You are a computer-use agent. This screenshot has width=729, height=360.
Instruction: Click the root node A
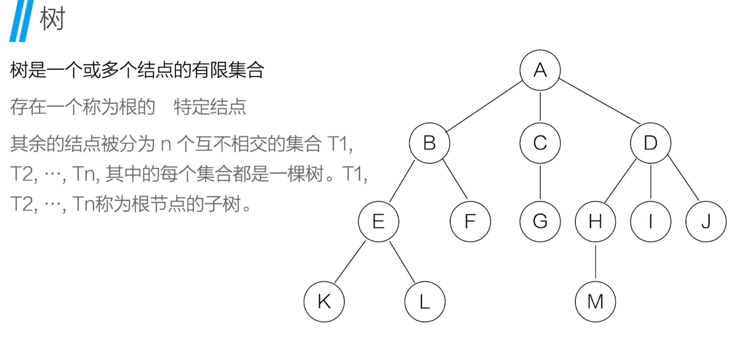coord(540,70)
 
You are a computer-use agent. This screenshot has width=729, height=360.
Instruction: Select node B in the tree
coord(429,143)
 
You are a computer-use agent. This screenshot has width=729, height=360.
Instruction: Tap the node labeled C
coord(540,143)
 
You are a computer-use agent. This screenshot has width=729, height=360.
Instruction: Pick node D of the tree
coord(650,143)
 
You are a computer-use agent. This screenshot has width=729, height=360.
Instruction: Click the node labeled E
coord(378,222)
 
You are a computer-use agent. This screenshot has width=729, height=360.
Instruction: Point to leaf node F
coord(470,222)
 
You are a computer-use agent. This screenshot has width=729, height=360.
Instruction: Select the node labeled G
coord(540,222)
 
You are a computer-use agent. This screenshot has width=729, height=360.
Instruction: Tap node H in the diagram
coord(595,222)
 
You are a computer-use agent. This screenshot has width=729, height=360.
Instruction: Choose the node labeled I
coord(650,222)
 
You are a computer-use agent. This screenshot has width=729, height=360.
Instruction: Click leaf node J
coord(706,222)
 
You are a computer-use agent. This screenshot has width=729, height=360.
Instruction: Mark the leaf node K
coord(324,302)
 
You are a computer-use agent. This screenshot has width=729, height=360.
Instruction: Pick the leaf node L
coord(425,302)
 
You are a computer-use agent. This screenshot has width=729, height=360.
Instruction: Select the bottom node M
coord(595,302)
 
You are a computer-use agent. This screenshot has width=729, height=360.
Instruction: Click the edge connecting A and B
coord(484,106)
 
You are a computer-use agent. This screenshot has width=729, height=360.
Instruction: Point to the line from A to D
coord(599,101)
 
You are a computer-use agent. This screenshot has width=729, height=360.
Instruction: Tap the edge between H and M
coord(595,262)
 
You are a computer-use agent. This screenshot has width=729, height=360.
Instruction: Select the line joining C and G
coord(540,182)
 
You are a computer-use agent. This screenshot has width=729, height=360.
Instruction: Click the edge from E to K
coord(350,262)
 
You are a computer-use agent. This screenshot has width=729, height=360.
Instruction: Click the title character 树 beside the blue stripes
coord(53,19)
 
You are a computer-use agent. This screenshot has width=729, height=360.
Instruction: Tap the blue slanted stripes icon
coord(22,21)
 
